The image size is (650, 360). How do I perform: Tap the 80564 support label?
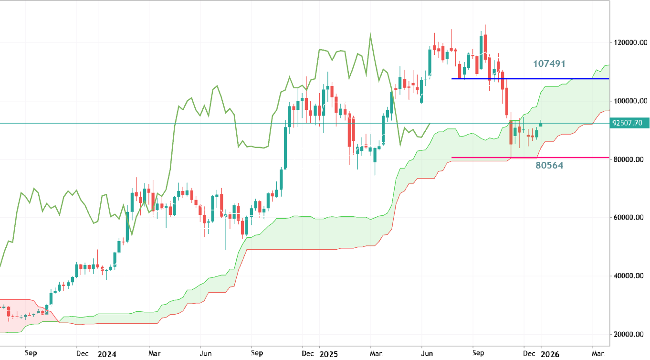click(549, 166)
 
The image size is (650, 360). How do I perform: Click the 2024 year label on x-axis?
click(106, 354)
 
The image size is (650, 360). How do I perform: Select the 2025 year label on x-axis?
click(328, 354)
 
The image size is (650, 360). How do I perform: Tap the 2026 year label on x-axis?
click(550, 354)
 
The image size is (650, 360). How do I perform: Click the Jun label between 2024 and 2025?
click(206, 354)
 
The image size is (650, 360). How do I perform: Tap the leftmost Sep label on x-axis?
click(31, 354)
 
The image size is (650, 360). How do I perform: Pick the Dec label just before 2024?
click(83, 354)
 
